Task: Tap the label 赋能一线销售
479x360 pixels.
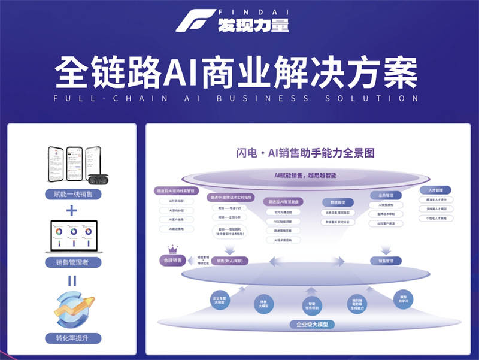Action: click(72, 194)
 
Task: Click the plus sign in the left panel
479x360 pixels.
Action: click(72, 210)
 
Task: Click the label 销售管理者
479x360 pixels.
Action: click(72, 262)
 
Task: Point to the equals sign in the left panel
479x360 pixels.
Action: click(72, 280)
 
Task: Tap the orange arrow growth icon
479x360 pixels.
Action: click(72, 309)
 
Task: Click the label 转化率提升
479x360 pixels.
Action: click(72, 339)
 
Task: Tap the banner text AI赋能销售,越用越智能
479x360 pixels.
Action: click(305, 176)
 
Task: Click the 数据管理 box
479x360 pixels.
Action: click(338, 202)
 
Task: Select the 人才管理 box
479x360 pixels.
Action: click(439, 190)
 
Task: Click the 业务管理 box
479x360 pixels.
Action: click(386, 195)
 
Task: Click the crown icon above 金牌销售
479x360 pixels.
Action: click(172, 249)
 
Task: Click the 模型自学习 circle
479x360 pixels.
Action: click(403, 298)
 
